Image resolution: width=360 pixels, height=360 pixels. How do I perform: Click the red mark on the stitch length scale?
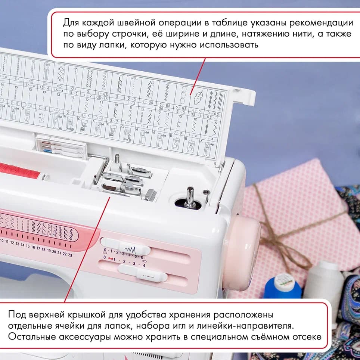(x=111, y=259)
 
